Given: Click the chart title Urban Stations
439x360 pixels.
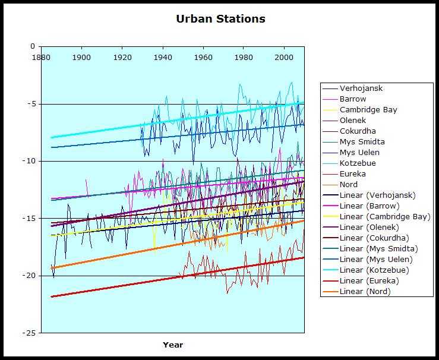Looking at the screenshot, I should point(220,18).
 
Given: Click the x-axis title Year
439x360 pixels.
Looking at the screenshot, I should point(173,345).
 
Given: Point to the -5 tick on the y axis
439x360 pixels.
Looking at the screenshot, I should point(31,104).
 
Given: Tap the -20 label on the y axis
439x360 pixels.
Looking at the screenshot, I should point(29,276).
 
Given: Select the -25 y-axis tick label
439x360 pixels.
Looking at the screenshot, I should point(29,333).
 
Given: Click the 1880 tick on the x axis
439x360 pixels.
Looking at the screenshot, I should point(41,57).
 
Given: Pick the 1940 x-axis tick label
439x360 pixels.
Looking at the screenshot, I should point(163,57).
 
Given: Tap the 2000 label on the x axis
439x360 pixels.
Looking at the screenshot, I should point(284,57).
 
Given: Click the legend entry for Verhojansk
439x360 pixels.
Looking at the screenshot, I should point(361,89).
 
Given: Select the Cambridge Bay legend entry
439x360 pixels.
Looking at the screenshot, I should point(368,110).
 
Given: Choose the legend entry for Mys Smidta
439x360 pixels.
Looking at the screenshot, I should point(362,142).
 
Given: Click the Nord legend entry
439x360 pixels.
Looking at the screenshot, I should point(349,185).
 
